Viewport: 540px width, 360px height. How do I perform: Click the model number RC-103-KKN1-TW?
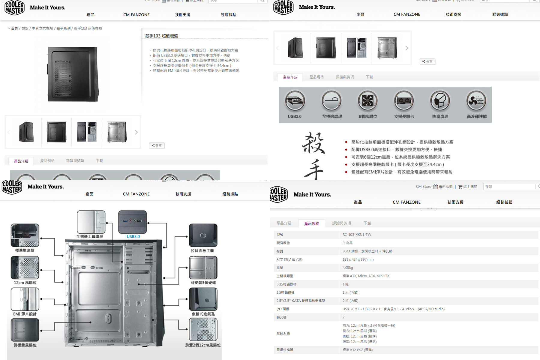[357, 235]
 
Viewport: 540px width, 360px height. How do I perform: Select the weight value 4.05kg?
[348, 268]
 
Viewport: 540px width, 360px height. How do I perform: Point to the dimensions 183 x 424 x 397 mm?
[358, 259]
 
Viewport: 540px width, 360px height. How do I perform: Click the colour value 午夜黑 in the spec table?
[348, 243]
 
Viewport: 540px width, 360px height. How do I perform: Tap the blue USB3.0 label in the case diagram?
[133, 237]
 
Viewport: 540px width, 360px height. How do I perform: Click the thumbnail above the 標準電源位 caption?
[25, 235]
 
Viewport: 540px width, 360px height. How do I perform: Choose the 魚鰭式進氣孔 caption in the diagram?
[203, 314]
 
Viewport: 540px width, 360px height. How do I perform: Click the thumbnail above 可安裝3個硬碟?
[203, 268]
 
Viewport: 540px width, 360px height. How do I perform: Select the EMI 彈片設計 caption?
[25, 314]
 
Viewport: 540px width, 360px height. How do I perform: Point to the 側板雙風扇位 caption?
[25, 345]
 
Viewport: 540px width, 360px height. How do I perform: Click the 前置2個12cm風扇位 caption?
[203, 345]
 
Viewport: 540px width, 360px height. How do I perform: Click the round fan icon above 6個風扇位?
[368, 100]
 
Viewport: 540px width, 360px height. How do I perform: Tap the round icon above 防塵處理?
[440, 100]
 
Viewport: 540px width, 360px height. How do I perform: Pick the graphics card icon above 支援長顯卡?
[404, 100]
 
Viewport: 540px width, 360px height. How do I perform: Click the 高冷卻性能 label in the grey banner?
[477, 116]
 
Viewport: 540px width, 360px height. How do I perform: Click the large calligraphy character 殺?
[313, 143]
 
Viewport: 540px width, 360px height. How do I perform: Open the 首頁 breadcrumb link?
[14, 28]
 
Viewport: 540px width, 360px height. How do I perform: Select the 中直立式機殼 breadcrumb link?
[42, 28]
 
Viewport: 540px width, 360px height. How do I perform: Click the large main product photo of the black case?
[73, 74]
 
